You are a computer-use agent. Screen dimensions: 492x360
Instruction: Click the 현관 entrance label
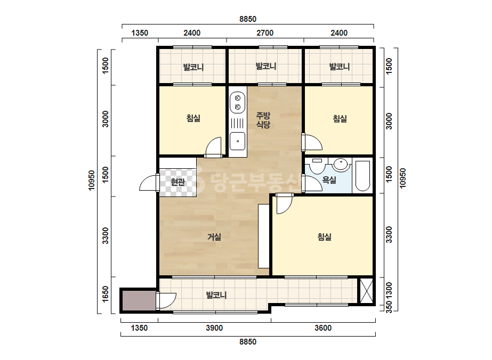click(178, 182)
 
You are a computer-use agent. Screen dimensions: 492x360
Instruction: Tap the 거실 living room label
click(214, 237)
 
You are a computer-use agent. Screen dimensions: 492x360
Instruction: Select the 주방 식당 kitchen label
click(263, 120)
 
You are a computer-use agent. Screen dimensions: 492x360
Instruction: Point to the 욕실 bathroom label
click(329, 180)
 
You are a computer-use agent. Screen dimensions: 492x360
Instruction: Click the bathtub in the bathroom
click(362, 176)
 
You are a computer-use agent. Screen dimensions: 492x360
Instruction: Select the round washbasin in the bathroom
click(340, 164)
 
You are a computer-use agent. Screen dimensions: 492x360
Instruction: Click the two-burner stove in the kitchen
click(238, 102)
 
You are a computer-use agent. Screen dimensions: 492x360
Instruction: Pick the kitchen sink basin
click(238, 141)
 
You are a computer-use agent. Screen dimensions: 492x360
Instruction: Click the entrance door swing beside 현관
click(148, 183)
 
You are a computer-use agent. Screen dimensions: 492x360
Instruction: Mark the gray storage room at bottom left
click(139, 301)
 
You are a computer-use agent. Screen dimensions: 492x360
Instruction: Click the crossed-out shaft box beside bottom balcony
click(366, 291)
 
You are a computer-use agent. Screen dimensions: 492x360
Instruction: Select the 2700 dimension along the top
click(265, 33)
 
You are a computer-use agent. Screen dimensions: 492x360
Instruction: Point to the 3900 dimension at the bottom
click(214, 328)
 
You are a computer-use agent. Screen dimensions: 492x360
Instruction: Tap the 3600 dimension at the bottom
click(323, 328)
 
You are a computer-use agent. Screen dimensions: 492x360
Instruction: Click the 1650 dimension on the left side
click(106, 294)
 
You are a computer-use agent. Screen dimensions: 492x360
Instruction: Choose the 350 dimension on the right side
click(389, 307)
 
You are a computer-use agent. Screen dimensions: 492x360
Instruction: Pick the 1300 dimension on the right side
click(389, 291)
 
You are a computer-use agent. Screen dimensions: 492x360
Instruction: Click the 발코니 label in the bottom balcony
click(216, 295)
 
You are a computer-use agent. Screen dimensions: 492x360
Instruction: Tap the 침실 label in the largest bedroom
click(325, 237)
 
